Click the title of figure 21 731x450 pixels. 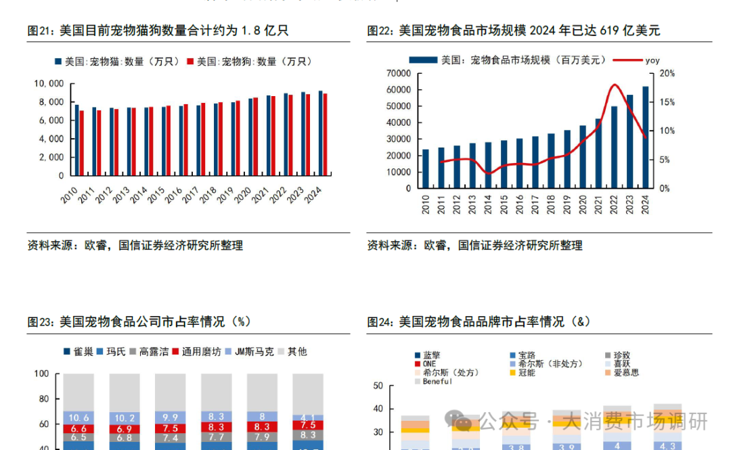pyautogui.click(x=158, y=30)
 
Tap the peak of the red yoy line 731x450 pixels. pyautogui.click(x=615, y=85)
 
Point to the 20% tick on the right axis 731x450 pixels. pyautogui.click(x=667, y=73)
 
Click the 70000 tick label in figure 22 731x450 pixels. pyautogui.click(x=398, y=73)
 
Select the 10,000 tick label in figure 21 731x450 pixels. pyautogui.click(x=49, y=84)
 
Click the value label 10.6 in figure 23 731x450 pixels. pyautogui.click(x=79, y=417)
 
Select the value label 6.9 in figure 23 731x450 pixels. pyautogui.click(x=125, y=429)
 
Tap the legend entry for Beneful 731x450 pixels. pyautogui.click(x=437, y=382)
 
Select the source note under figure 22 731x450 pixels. pyautogui.click(x=475, y=245)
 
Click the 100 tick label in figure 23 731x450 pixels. pyautogui.click(x=41, y=374)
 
